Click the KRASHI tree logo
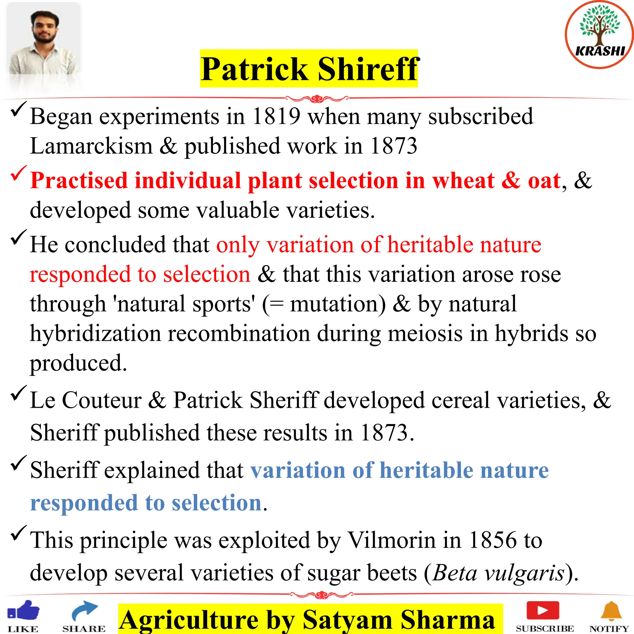600,34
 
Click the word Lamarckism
91,146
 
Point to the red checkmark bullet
18,173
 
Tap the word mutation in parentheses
338,304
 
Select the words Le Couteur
86,400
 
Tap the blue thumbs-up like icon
23,611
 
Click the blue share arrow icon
84,611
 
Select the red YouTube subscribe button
543,610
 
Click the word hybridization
95,333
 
